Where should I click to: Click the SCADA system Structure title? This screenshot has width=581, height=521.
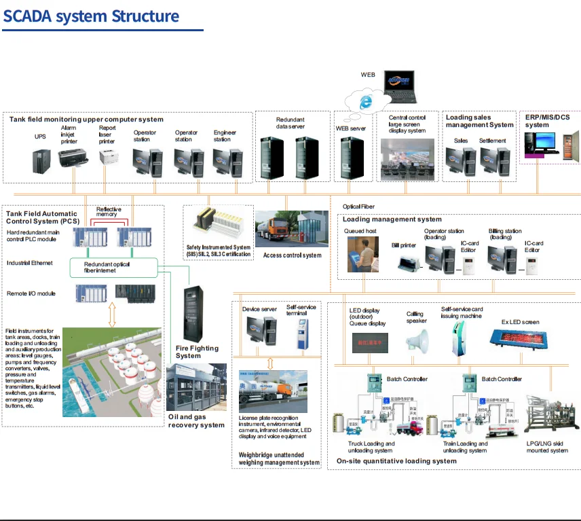[x=92, y=16]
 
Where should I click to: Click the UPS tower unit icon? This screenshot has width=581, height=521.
[x=41, y=160]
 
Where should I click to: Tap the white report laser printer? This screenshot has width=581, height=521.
[x=109, y=158]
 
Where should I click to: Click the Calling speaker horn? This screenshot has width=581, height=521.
[x=417, y=339]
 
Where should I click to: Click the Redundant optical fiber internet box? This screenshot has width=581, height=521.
[x=113, y=267]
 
